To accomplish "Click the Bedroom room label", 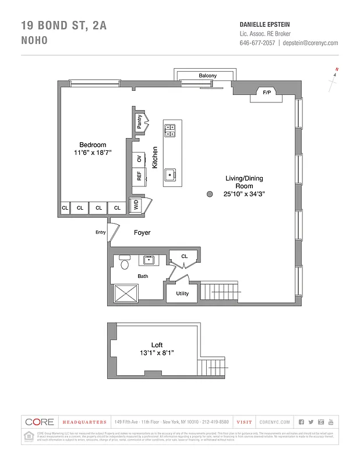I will click(93, 145).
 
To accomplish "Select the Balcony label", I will click(207, 76).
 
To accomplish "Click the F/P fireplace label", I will click(267, 93).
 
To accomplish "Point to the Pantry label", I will click(139, 122).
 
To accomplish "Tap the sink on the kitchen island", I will click(171, 174).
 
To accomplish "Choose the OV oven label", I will click(139, 159).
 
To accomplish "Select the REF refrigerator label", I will click(139, 176).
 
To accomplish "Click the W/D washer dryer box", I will click(136, 206).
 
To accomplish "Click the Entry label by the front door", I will click(100, 232).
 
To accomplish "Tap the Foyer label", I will click(142, 232).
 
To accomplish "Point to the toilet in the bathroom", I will click(124, 263).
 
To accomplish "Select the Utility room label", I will click(182, 294).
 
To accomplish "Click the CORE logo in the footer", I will click(40, 422).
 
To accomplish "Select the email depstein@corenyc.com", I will click(310, 43).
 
